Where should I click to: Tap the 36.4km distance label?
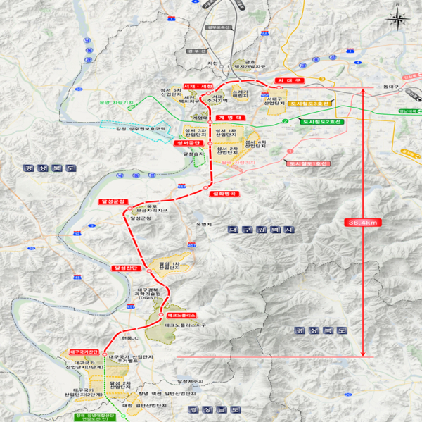point(363,222)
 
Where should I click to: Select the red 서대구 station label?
point(288,82)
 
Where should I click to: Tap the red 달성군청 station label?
point(112,201)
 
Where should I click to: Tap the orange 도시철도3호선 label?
point(309,103)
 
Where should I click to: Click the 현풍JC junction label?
point(130,338)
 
